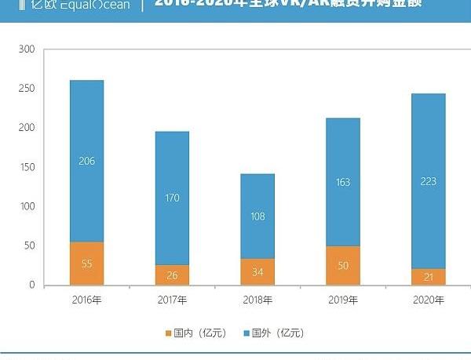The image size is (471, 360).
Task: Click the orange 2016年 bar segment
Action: click(x=86, y=264)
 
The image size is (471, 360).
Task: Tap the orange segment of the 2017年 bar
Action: click(x=172, y=275)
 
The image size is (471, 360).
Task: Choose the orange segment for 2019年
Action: click(x=343, y=266)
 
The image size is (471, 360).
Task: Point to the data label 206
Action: click(x=86, y=162)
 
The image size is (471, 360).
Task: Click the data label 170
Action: click(x=172, y=198)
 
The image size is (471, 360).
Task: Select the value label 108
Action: click(x=257, y=216)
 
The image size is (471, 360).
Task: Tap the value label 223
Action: click(x=429, y=181)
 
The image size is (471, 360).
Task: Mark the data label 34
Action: click(x=257, y=272)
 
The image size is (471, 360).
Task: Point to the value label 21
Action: click(x=429, y=278)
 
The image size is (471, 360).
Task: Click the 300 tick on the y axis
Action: click(x=27, y=49)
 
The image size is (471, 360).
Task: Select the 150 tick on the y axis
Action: click(x=27, y=167)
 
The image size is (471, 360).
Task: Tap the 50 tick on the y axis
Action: click(x=30, y=246)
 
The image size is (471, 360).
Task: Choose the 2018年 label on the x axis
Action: click(x=257, y=300)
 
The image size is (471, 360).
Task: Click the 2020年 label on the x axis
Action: click(x=429, y=300)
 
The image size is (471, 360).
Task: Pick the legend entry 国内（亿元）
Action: click(x=195, y=333)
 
